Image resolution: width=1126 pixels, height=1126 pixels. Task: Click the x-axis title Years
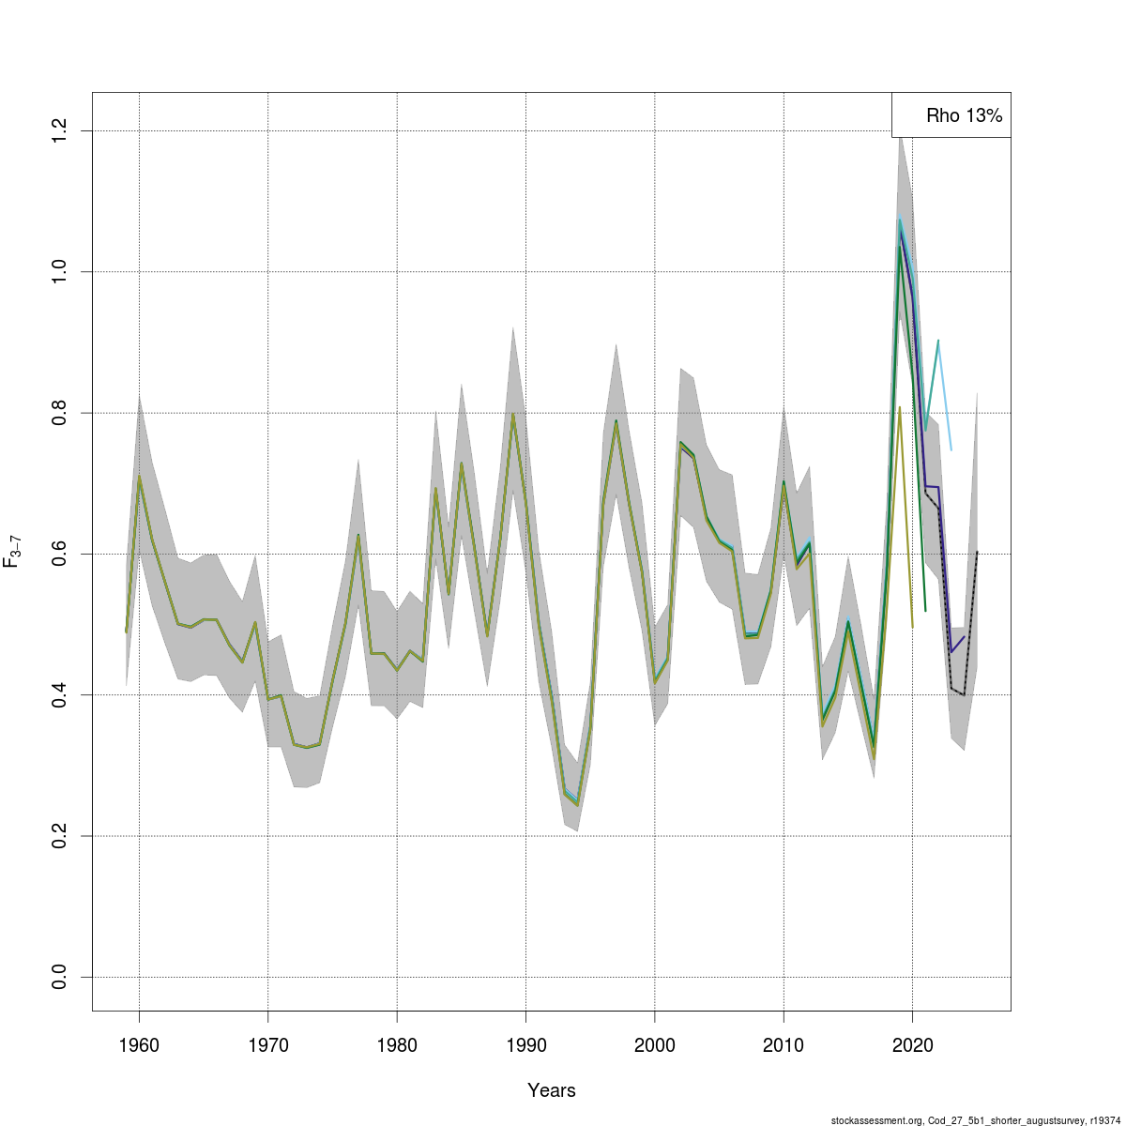pyautogui.click(x=552, y=1090)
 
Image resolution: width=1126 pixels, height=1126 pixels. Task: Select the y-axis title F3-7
pyautogui.click(x=13, y=552)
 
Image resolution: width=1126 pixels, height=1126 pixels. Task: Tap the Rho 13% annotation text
pyautogui.click(x=964, y=116)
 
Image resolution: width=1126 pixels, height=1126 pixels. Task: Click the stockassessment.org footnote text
pyautogui.click(x=976, y=1119)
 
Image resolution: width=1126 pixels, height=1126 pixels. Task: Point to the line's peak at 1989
pyautogui.click(x=512, y=414)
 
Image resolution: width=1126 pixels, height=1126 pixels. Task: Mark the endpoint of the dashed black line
pyautogui.click(x=977, y=552)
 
